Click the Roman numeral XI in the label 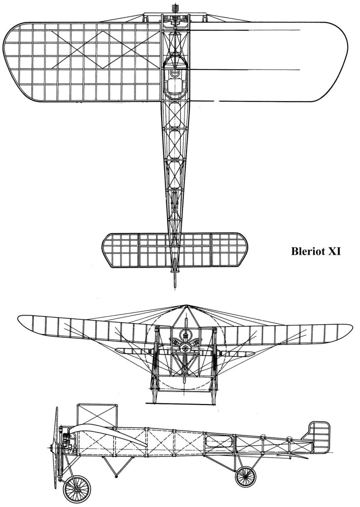[x=334, y=251]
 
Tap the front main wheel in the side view [x=77, y=489]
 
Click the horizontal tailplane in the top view [x=174, y=250]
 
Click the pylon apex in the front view [x=186, y=305]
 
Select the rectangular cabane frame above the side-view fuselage [x=96, y=416]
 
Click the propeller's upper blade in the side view [x=56, y=427]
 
